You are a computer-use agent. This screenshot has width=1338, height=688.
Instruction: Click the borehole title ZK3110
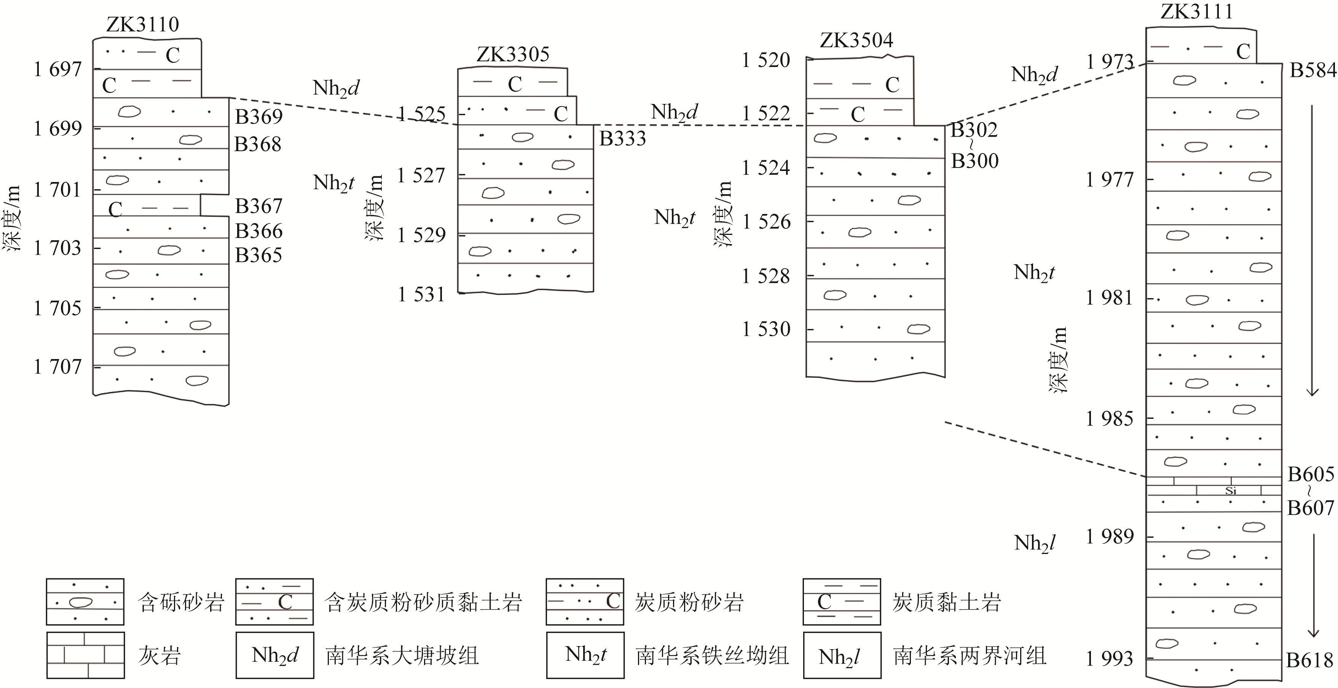coord(142,24)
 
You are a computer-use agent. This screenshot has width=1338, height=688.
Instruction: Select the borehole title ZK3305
coord(513,54)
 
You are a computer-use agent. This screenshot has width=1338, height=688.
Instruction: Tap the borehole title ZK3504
coord(856,40)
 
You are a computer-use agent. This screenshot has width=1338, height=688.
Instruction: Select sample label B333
coord(622,138)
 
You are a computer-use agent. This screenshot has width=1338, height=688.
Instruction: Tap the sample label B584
coord(1312,70)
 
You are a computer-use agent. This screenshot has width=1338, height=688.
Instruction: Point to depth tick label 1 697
coord(57,69)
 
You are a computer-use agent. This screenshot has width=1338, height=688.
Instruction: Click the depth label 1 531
coord(421,295)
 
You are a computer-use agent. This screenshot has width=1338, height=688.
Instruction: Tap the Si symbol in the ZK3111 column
coord(1230,490)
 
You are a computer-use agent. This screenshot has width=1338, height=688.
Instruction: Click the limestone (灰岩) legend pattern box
coord(85,655)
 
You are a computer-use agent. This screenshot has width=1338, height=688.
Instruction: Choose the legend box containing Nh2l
coord(842,655)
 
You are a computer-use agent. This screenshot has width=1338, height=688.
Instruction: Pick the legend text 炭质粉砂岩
coord(689,602)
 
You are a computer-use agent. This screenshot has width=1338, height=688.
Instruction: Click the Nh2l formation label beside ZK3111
coord(1034,543)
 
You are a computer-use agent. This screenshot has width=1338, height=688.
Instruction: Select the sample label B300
coord(974,161)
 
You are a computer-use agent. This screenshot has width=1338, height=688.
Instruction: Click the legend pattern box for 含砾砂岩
coord(85,601)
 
